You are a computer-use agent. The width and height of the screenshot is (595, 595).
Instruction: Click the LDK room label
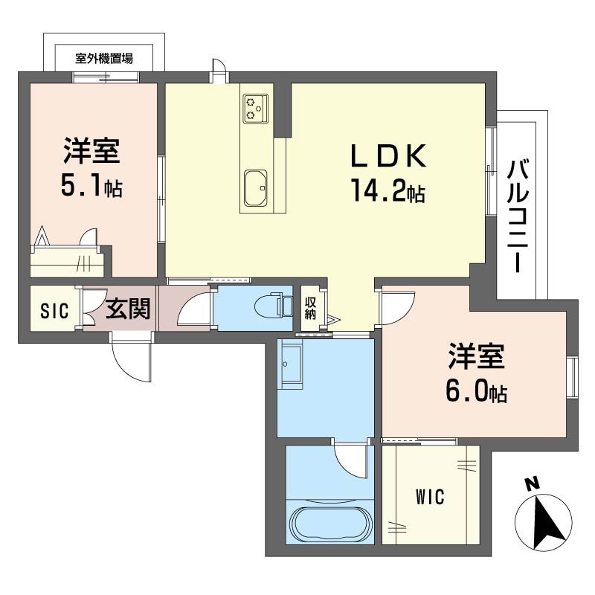coord(388,155)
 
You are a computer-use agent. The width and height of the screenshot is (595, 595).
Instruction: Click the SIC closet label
coord(54,310)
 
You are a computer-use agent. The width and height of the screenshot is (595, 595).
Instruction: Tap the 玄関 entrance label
coord(128,309)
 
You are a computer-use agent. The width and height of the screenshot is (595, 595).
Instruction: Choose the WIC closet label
coord(430,497)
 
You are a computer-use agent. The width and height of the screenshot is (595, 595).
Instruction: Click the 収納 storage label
coord(310,308)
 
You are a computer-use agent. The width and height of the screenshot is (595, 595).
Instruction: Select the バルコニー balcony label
coord(518,216)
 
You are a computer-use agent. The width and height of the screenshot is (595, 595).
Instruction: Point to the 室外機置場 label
coord(104,59)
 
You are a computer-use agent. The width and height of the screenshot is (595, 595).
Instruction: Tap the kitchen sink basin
coord(256,189)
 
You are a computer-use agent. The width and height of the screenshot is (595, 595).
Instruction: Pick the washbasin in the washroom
coord(290,364)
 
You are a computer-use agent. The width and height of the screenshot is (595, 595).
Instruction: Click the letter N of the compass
coord(532,484)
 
